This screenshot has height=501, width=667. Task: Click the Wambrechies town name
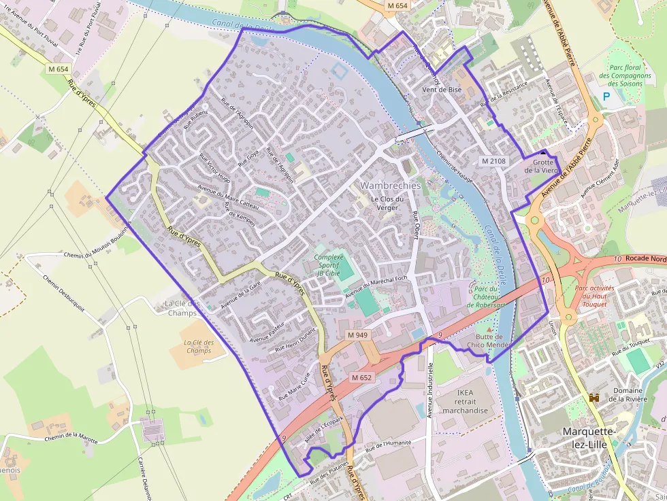[x=391, y=186]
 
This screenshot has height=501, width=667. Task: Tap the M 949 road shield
[x=357, y=335]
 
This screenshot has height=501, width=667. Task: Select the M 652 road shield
[x=362, y=377]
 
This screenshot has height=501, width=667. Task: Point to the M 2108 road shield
[x=493, y=161]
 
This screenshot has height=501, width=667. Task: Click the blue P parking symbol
[x=606, y=97]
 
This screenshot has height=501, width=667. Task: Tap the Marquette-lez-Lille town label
[x=589, y=438]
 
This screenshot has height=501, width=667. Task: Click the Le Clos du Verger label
[x=387, y=203]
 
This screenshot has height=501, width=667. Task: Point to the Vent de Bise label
[x=442, y=90]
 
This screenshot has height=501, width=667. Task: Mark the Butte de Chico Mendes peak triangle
[x=487, y=329]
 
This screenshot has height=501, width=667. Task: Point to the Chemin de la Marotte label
[x=71, y=438]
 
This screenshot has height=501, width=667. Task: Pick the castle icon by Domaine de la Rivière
[x=594, y=397]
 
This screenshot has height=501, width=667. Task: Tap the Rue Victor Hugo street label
[x=214, y=168]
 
